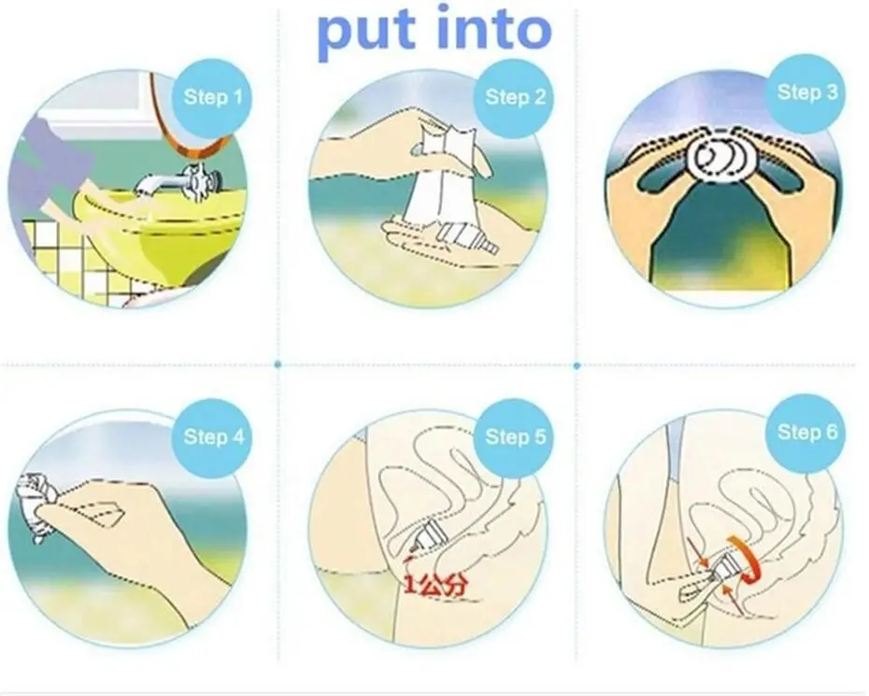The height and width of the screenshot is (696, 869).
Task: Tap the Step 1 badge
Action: coord(213,98)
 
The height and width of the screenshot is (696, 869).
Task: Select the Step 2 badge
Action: coord(516,98)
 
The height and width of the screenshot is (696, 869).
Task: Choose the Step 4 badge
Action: coord(213,437)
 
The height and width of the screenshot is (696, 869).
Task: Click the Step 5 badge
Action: coord(516,437)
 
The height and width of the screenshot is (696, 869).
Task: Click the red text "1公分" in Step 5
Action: coord(436,585)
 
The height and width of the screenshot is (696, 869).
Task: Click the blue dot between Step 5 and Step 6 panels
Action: coord(577,365)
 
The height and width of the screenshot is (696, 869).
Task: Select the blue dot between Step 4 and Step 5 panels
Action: coord(278,364)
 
